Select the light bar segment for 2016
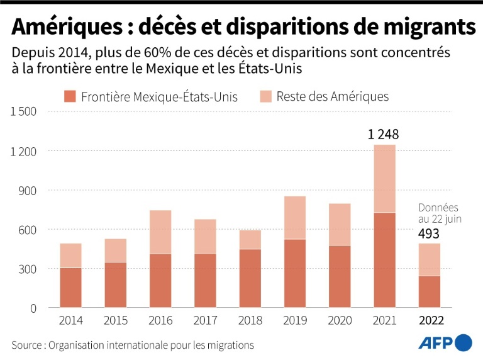[160, 232]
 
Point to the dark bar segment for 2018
[250, 278]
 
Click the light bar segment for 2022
[430, 259]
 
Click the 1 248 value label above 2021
[384, 134]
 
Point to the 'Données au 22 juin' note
[438, 213]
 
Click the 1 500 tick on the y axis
[24, 112]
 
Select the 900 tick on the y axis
[28, 191]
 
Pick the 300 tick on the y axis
[28, 269]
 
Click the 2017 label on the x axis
[205, 321]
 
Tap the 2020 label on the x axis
[340, 321]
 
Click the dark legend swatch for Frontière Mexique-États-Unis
[69, 96]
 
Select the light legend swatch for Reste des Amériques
[264, 96]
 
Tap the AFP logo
[445, 343]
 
